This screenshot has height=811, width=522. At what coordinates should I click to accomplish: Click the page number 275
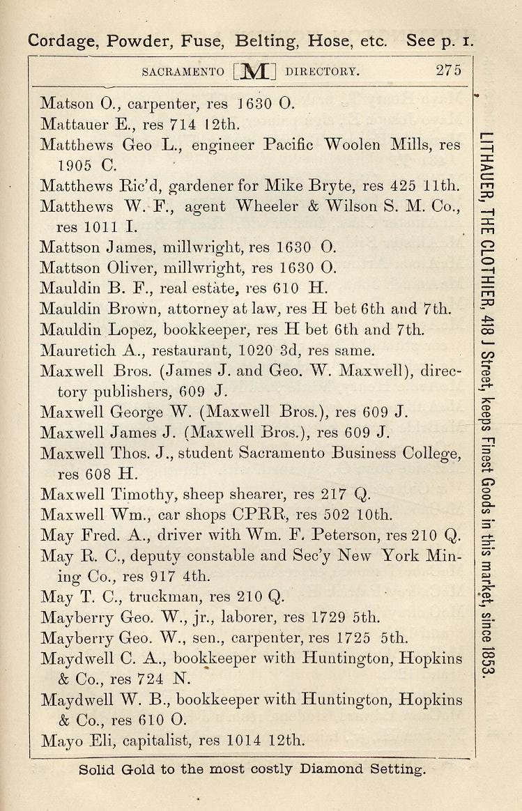pyautogui.click(x=448, y=70)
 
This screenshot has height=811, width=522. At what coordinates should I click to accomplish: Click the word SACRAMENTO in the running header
pyautogui.click(x=183, y=71)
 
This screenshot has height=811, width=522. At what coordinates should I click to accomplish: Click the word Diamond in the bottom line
pyautogui.click(x=328, y=769)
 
